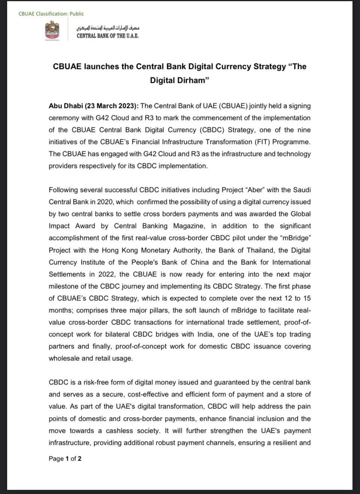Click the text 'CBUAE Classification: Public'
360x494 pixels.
(x=51, y=14)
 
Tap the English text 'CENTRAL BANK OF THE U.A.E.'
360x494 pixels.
(x=108, y=36)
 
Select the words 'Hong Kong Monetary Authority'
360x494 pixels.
(x=151, y=250)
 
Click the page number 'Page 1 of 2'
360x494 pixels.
(x=65, y=458)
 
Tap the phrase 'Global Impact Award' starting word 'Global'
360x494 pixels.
(x=300, y=214)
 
